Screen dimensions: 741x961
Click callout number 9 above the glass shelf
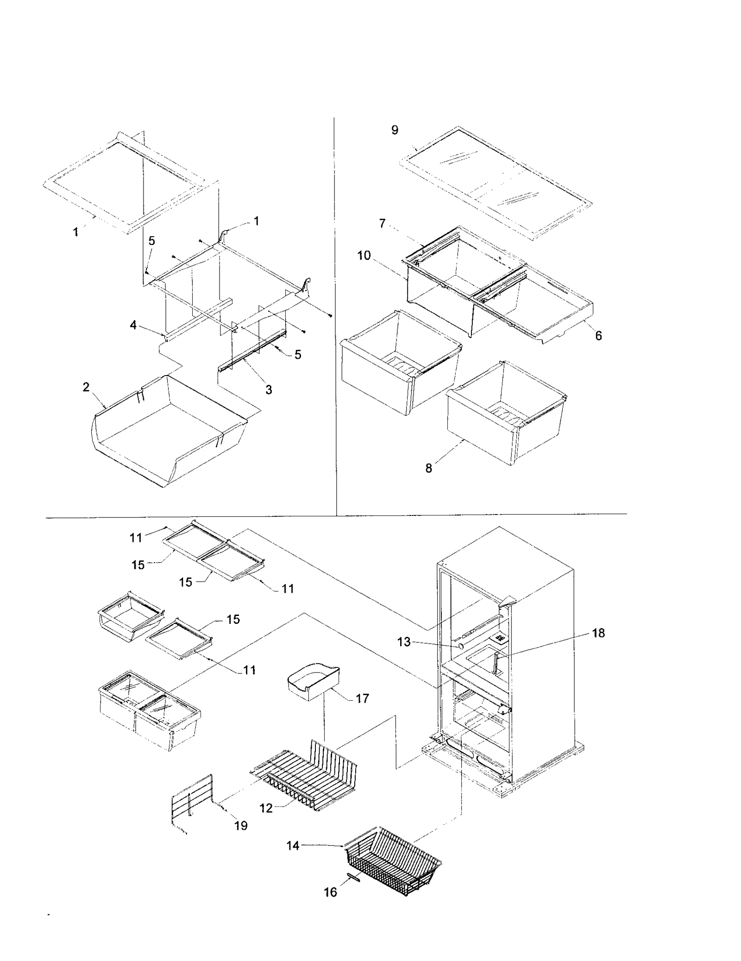395,130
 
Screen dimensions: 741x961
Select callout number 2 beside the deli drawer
86,387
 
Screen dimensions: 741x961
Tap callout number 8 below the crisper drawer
429,468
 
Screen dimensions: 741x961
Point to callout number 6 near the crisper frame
598,336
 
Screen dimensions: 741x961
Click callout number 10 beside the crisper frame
364,255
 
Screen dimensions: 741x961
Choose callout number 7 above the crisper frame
382,224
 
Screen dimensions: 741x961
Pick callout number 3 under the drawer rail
269,389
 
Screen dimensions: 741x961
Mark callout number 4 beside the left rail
133,325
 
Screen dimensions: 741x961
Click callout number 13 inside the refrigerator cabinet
404,642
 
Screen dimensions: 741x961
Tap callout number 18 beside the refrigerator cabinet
598,633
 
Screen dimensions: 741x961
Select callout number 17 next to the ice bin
362,698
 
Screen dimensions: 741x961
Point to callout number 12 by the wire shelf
266,808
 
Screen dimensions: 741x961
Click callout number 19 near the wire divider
241,825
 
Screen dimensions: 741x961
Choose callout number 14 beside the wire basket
293,846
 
